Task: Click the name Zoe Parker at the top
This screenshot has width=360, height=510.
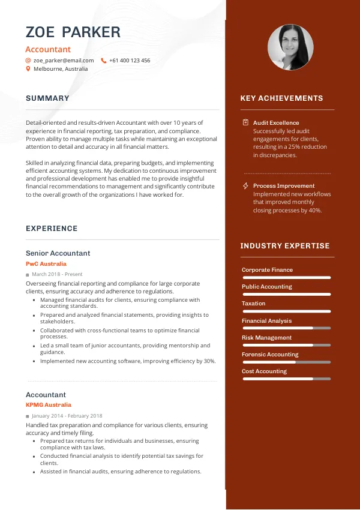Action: (x=73, y=32)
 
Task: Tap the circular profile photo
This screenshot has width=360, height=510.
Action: (x=290, y=47)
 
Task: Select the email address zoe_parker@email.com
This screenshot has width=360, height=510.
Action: (x=64, y=61)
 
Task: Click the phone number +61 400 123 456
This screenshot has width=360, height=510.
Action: (x=130, y=61)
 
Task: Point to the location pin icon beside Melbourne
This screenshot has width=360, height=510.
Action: (x=28, y=69)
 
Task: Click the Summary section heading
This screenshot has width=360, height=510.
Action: (x=47, y=98)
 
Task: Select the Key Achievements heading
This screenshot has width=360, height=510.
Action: (x=281, y=98)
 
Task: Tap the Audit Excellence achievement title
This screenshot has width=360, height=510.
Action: (x=276, y=123)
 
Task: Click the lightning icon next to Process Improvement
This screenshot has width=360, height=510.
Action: (x=245, y=186)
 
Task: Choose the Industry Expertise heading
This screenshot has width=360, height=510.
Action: (x=285, y=246)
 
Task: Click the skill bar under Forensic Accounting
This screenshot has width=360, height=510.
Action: (x=286, y=362)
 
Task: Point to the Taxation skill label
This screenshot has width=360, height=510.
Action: (x=253, y=304)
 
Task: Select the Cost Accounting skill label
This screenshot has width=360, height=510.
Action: (x=264, y=371)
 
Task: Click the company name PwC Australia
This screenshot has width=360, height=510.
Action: (x=46, y=264)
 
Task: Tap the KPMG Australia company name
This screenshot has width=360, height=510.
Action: (x=49, y=405)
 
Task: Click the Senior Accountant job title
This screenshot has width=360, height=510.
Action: (x=58, y=253)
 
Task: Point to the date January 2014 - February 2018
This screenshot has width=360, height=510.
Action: (x=67, y=416)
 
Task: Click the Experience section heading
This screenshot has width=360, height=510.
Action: (x=52, y=229)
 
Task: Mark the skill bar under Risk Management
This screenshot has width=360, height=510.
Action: (x=286, y=346)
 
